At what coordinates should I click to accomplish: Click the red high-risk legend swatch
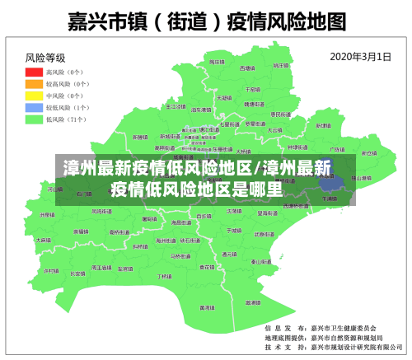[x=33, y=72]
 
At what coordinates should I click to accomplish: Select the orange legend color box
[x=33, y=84]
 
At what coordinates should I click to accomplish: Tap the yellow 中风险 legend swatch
[x=33, y=96]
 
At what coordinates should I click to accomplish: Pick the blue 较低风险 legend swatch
[x=33, y=107]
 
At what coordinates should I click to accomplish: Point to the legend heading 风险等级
[x=45, y=58]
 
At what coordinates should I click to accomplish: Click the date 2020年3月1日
[x=360, y=57]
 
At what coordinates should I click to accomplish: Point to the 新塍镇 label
[x=141, y=137]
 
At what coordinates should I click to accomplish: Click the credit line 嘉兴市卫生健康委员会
[x=349, y=327]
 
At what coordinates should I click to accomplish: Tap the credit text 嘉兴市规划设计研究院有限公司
[x=363, y=348]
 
